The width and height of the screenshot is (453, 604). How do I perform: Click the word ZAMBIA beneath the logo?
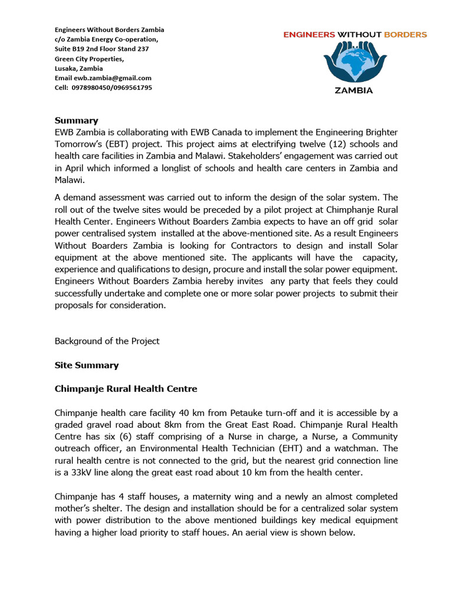click(x=354, y=91)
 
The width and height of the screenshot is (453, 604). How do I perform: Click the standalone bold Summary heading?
click(x=77, y=120)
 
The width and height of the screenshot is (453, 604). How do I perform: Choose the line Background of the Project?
click(x=107, y=341)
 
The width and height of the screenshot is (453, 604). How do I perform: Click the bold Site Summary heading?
click(x=87, y=365)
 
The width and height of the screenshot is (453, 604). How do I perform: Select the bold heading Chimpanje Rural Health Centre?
click(x=126, y=389)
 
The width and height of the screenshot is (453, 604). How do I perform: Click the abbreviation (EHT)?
click(x=275, y=449)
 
